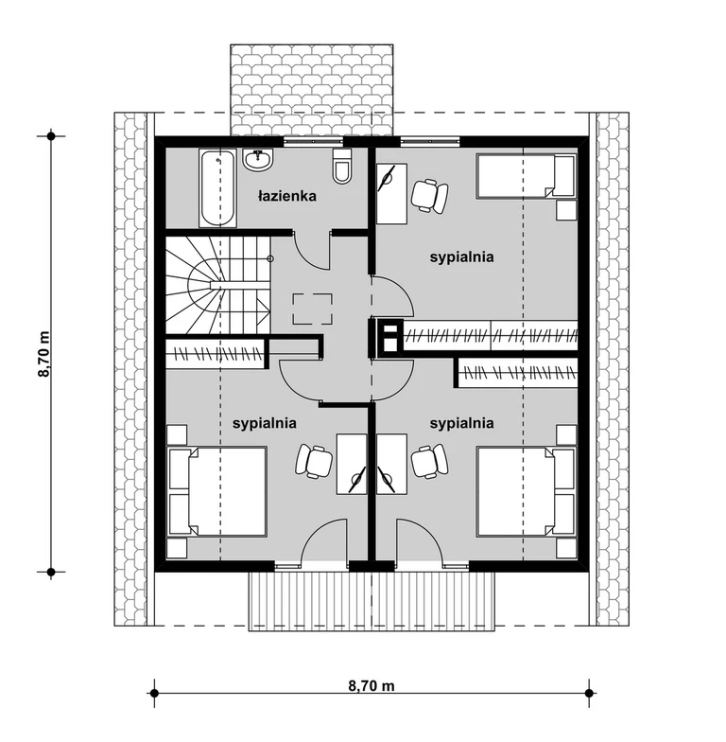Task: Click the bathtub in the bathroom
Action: pos(217,188)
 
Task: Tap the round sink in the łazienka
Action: pos(258,159)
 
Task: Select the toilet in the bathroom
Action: pos(342,167)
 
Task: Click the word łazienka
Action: pos(287,196)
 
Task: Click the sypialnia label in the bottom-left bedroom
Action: pos(265,423)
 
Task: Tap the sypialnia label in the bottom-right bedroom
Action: pos(461,423)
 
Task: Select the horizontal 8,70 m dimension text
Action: pos(372,685)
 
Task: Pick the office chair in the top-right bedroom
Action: pos(429,195)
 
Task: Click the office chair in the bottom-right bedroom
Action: pos(429,460)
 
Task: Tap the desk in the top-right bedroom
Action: pos(391,193)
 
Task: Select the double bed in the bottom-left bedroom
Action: pos(217,491)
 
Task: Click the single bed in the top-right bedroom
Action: pos(526,174)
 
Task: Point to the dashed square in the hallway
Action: pos(312,309)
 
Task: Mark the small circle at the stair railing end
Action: pos(270,258)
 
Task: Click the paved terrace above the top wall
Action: pos(312,90)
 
